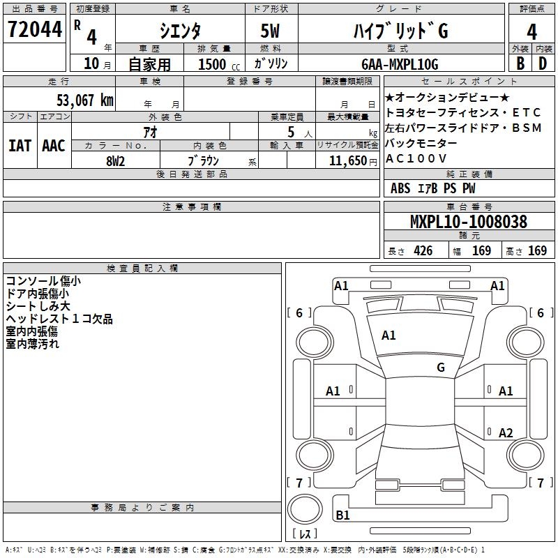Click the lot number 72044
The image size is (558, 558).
tap(35, 29)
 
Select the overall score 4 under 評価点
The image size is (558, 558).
tap(531, 32)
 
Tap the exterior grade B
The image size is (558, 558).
tap(520, 63)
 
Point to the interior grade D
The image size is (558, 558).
tap(543, 63)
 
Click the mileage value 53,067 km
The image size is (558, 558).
tap(85, 100)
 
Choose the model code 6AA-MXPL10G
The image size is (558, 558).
tap(400, 64)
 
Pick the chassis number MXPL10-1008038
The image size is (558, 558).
tap(469, 221)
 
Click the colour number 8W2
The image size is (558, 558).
tap(115, 161)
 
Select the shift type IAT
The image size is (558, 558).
tap(20, 146)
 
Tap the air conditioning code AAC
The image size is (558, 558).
tap(54, 146)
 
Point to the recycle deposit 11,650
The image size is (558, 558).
tap(348, 161)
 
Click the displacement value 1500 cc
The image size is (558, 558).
tap(219, 64)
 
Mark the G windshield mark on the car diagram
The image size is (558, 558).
tap(441, 368)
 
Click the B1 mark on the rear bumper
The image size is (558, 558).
tap(342, 515)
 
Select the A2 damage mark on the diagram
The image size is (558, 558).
tap(506, 432)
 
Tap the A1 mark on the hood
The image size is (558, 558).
tap(389, 335)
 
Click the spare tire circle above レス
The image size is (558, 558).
tap(305, 509)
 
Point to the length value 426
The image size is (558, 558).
tap(423, 250)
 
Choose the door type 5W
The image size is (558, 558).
tap(270, 31)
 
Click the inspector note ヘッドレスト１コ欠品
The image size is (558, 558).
tap(59, 319)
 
